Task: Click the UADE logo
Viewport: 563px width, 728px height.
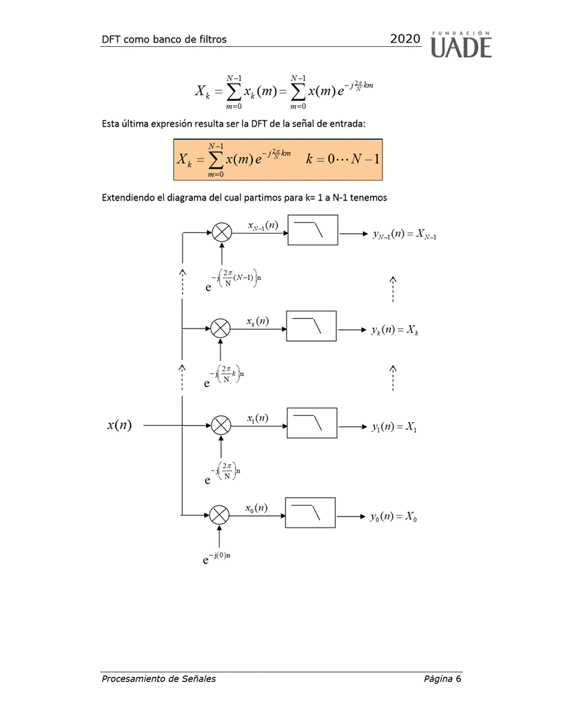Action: (461, 44)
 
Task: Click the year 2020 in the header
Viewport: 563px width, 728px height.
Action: (405, 39)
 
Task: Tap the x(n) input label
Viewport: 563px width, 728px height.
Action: (120, 426)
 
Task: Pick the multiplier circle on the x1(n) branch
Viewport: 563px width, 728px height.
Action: (221, 426)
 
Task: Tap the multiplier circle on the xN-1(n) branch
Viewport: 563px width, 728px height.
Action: (221, 232)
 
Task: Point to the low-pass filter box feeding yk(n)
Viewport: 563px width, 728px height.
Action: (311, 326)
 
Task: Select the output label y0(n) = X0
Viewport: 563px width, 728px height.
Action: (393, 517)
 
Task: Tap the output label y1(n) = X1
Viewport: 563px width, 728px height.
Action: (393, 428)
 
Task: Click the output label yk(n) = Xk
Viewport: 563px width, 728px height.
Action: (395, 331)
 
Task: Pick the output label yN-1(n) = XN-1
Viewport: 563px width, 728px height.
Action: (405, 235)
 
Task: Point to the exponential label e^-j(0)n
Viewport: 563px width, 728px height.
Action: (216, 559)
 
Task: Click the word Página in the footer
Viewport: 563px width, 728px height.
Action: (438, 679)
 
